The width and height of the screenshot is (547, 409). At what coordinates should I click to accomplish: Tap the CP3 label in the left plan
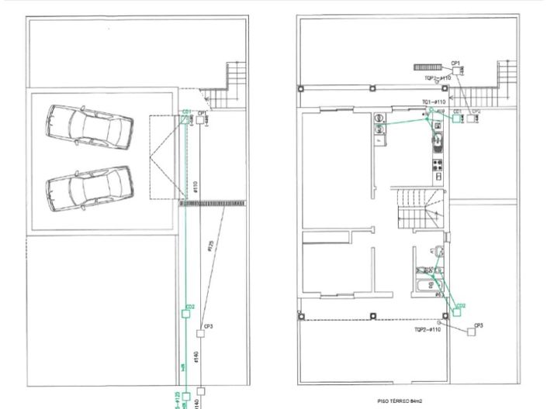pos(209,326)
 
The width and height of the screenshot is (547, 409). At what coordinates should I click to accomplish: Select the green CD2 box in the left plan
pos(186,313)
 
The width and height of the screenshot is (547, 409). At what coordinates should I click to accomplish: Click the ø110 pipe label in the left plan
pos(196,187)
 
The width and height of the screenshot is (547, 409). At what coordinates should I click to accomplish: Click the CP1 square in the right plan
pos(455,70)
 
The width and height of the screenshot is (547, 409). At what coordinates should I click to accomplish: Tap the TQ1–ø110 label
pos(433,102)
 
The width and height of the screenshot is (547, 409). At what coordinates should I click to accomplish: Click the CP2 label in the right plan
pos(476,112)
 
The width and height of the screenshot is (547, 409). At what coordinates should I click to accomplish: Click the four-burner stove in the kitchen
pos(437,163)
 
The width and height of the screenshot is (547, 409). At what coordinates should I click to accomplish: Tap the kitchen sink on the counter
pos(437,141)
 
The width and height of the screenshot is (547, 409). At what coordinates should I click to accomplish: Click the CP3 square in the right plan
pos(471,332)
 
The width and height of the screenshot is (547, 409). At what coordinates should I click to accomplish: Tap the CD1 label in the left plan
pos(186,112)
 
